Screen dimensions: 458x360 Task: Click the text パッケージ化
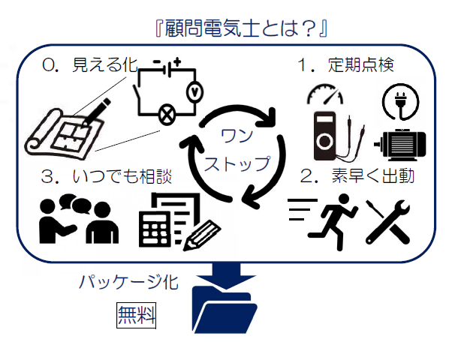[x=128, y=283]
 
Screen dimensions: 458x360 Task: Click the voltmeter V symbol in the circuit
[x=194, y=89]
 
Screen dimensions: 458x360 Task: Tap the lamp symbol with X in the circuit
[x=164, y=115]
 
